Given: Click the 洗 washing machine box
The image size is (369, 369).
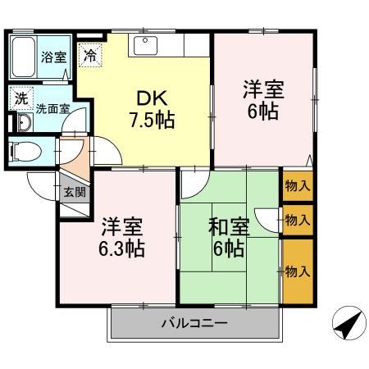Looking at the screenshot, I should [20, 97].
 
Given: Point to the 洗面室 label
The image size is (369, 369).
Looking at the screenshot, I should [51, 107].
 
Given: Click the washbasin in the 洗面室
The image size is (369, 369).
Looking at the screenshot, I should [23, 124].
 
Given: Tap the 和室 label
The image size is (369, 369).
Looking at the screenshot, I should [224, 224].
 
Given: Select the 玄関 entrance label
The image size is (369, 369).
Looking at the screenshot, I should [74, 193].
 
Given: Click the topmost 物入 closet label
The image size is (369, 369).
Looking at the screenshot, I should [297, 185].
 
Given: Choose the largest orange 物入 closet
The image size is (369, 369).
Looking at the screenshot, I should [297, 270].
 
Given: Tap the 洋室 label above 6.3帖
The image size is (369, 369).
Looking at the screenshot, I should [123, 225].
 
